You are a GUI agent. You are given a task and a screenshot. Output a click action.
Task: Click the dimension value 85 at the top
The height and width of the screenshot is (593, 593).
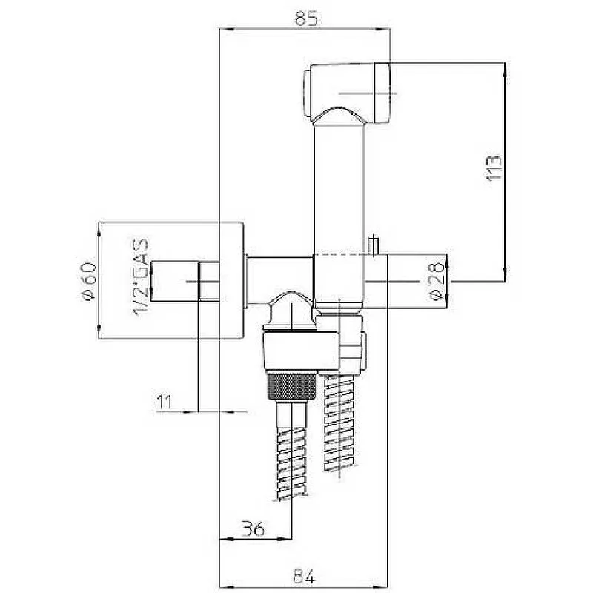pyautogui.click(x=306, y=18)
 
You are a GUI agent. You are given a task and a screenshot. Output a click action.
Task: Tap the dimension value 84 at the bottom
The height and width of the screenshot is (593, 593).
pyautogui.click(x=304, y=577)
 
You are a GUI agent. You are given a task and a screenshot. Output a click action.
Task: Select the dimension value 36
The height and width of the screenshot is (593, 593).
pyautogui.click(x=253, y=529)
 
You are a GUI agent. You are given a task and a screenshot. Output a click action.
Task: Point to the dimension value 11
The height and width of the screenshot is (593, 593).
pyautogui.click(x=164, y=402)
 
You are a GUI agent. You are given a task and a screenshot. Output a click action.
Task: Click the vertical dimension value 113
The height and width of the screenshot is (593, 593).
pyautogui.click(x=494, y=168)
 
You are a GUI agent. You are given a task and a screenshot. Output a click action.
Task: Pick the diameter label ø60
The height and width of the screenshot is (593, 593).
pyautogui.click(x=89, y=281)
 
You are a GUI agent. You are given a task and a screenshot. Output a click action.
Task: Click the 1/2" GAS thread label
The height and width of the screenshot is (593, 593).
pyautogui.click(x=141, y=277)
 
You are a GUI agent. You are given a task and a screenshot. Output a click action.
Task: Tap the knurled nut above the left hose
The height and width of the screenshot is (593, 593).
pyautogui.click(x=292, y=385)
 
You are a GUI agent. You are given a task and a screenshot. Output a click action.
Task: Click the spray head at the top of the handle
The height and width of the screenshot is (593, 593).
pyautogui.click(x=347, y=93)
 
